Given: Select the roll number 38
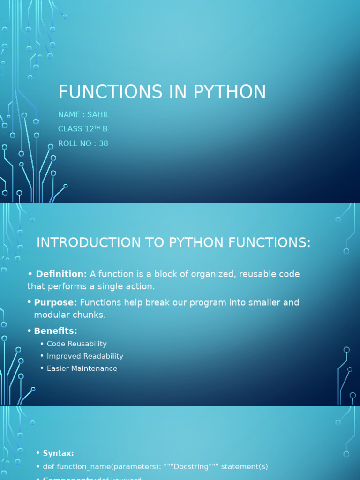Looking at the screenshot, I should click(103, 143).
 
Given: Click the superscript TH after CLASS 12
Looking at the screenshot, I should click(97, 127).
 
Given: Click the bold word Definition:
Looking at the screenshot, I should click(61, 274).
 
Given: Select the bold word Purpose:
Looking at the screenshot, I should click(56, 302).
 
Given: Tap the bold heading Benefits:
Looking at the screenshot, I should click(55, 331).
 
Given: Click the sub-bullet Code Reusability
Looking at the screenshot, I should click(77, 344).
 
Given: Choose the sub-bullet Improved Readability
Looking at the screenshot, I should click(85, 356).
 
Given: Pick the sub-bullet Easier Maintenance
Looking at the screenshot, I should click(82, 368).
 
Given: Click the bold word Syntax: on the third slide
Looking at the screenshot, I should click(58, 453).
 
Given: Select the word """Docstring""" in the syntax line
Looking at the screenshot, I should click(191, 467).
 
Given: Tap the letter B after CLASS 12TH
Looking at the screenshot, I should click(105, 129).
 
